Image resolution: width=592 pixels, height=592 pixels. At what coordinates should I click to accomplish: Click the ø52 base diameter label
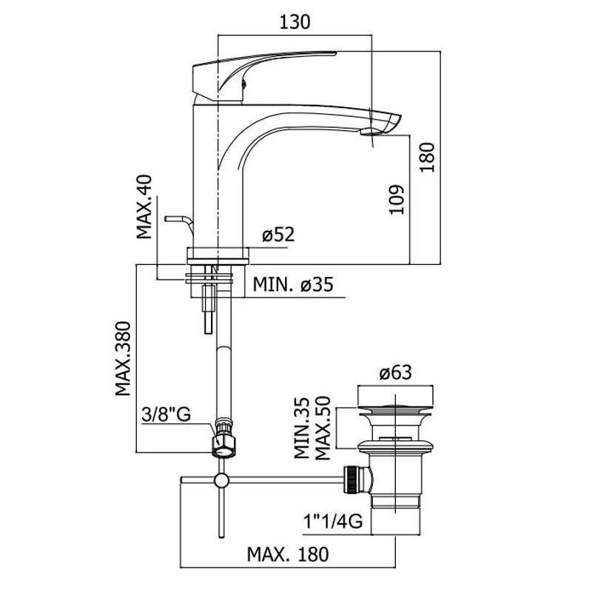(x=278, y=235)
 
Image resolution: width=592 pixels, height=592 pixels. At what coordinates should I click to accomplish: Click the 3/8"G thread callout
(x=166, y=415)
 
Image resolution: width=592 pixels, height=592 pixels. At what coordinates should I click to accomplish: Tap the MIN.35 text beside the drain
(x=302, y=429)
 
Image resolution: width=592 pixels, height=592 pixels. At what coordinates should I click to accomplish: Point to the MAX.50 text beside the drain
(x=323, y=429)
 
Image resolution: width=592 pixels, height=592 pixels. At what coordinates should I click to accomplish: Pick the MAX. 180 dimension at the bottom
(x=287, y=554)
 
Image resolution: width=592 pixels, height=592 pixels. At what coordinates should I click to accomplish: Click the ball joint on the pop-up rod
(x=220, y=482)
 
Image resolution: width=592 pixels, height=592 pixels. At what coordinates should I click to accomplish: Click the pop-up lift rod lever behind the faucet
(x=175, y=220)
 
